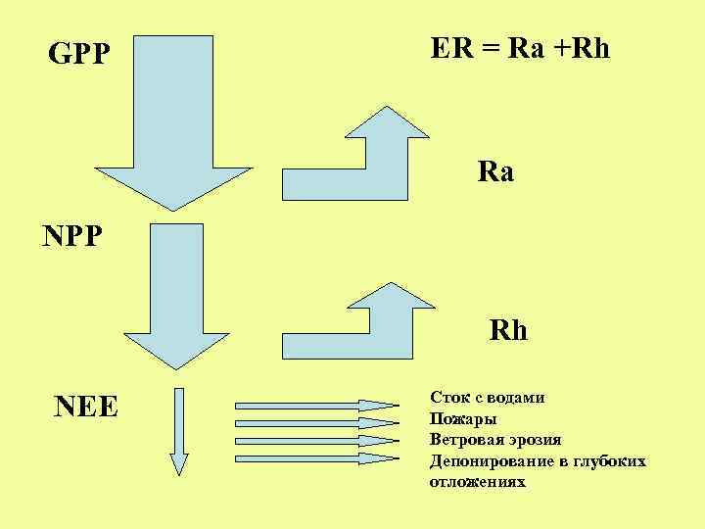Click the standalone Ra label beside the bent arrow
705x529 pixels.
coord(495,172)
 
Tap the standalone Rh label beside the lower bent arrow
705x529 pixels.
coord(508,330)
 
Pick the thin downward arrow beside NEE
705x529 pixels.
coord(178,431)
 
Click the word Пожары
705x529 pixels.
coord(456,419)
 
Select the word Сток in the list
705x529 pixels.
coord(448,398)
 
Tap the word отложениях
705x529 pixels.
coord(477,482)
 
